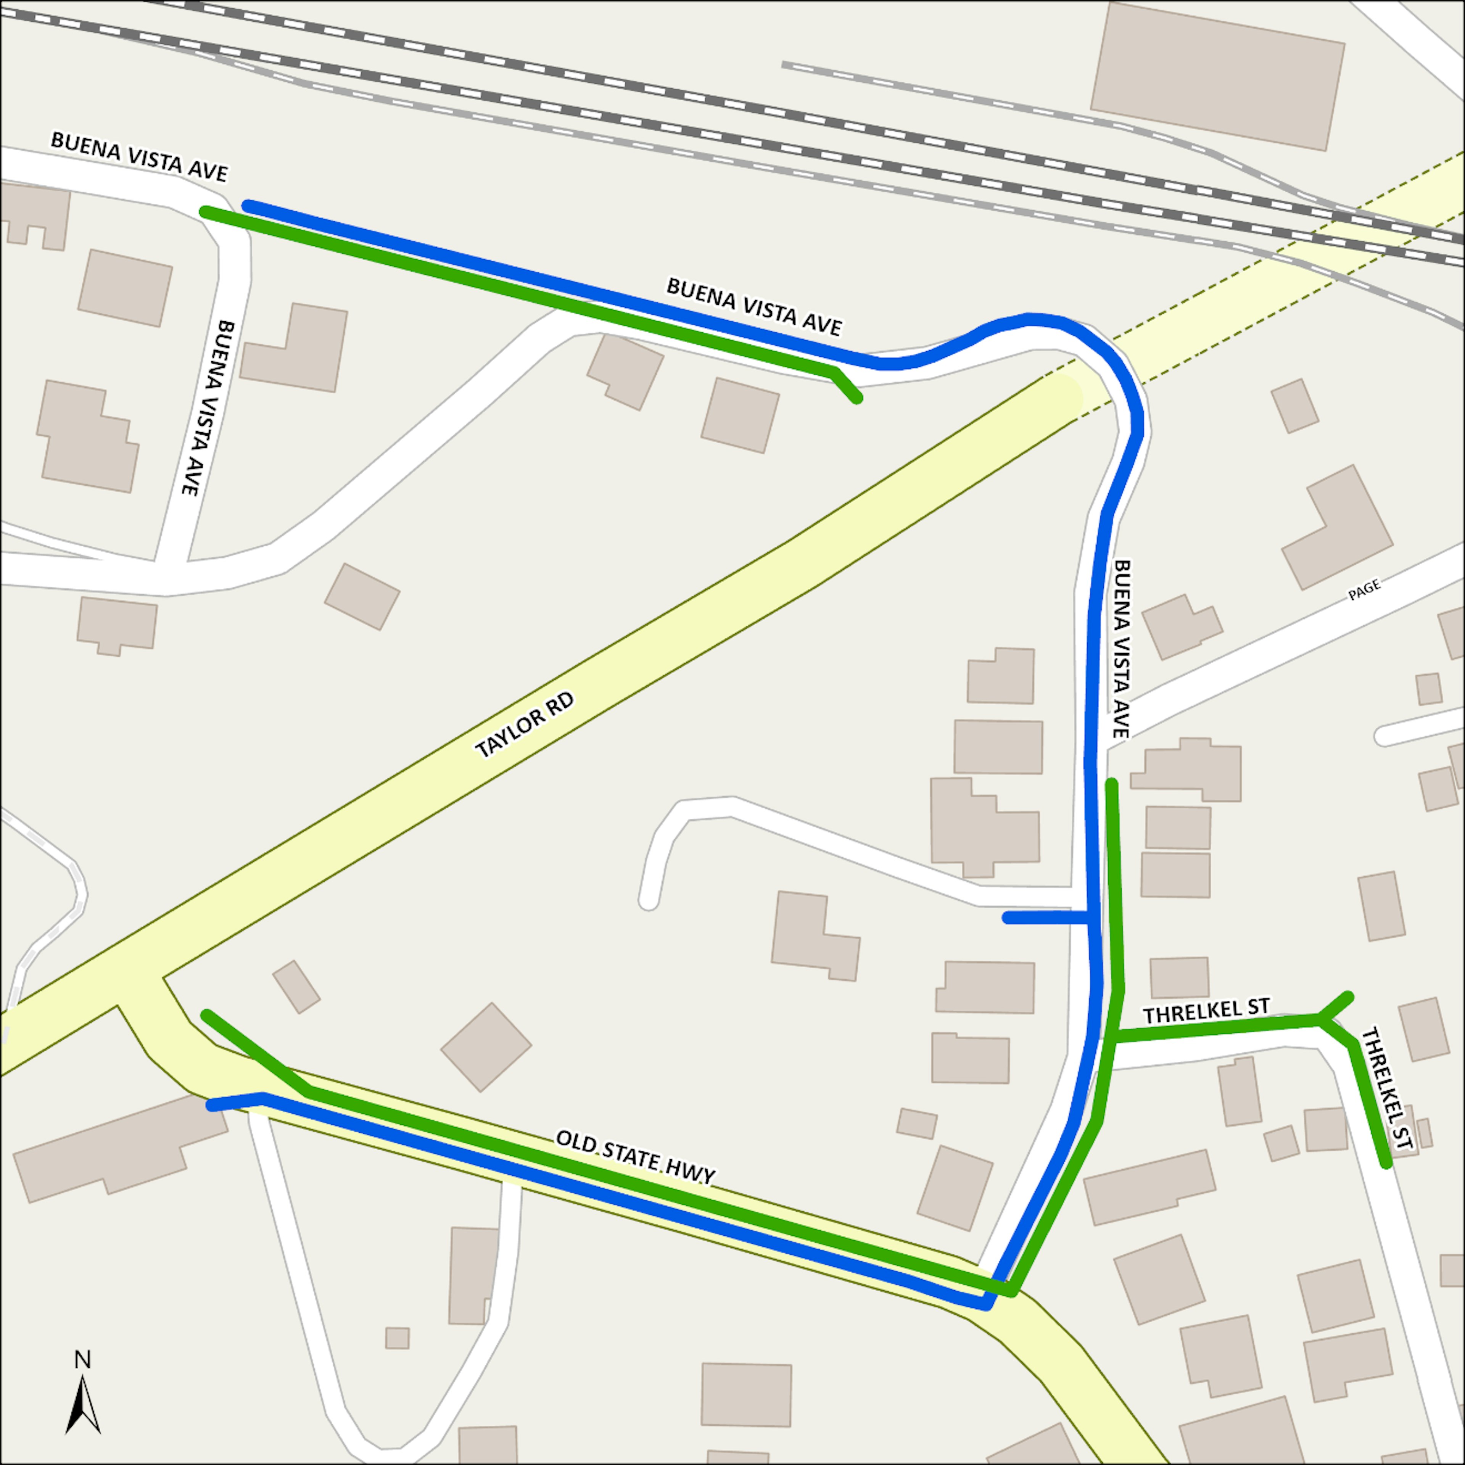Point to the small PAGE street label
tap(1364, 590)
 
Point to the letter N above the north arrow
tap(83, 1360)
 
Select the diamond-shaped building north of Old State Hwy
tap(486, 1047)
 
